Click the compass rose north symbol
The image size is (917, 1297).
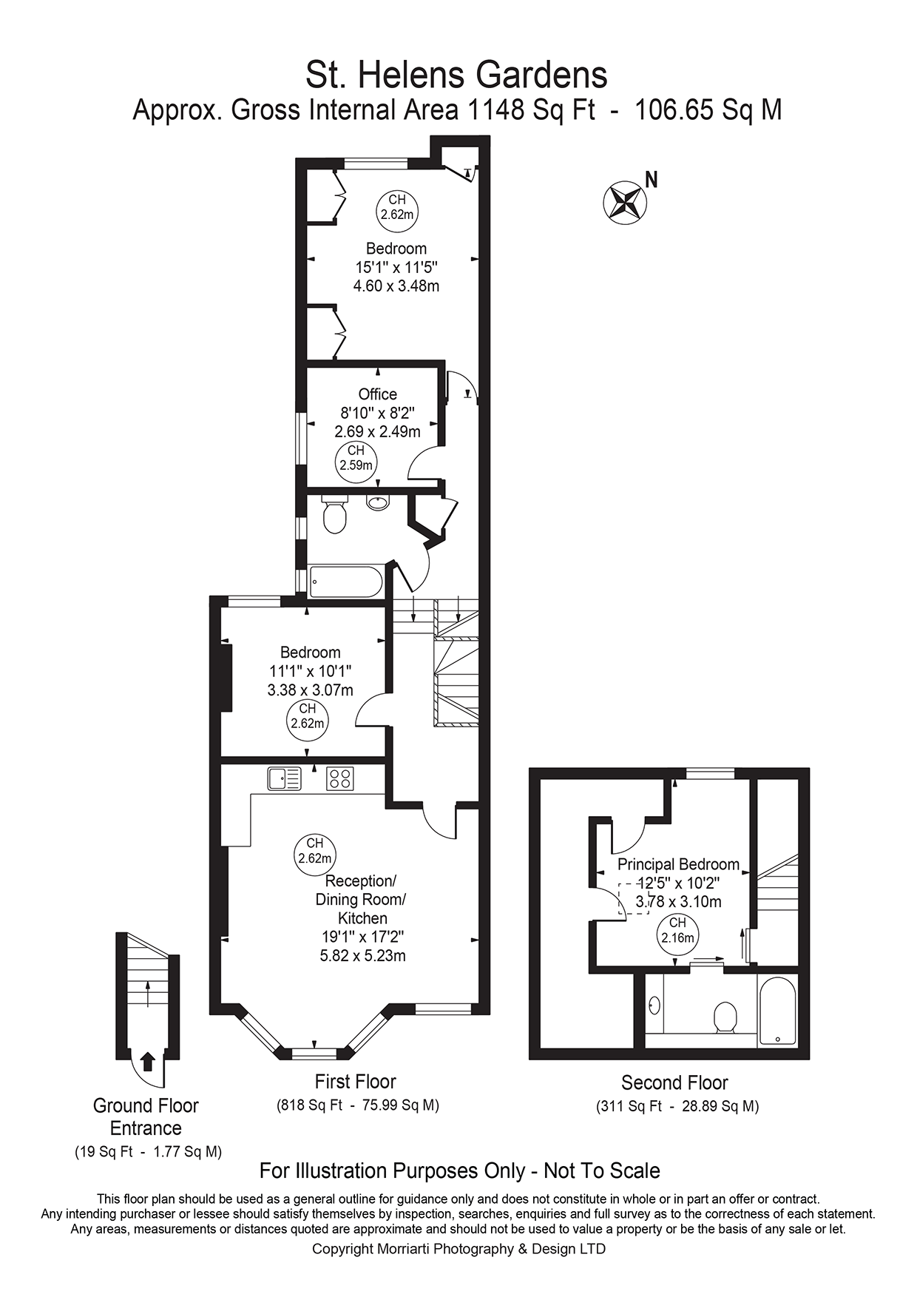click(x=626, y=201)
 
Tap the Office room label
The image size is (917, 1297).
click(x=377, y=394)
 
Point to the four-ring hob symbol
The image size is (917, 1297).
click(x=340, y=778)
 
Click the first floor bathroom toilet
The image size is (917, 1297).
click(x=334, y=514)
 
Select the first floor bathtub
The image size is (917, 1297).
click(x=345, y=582)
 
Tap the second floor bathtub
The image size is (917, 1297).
click(x=777, y=1011)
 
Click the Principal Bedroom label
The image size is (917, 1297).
click(x=678, y=864)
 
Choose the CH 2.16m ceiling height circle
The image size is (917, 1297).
click(x=677, y=931)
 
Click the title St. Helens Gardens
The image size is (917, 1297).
click(x=457, y=75)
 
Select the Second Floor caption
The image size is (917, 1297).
click(x=674, y=1083)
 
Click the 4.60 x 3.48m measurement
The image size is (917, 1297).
click(x=396, y=286)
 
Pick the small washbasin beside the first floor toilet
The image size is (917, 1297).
click(x=378, y=502)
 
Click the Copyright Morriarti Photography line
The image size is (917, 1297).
click(x=458, y=1249)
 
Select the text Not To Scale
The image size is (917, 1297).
click(x=601, y=1171)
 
